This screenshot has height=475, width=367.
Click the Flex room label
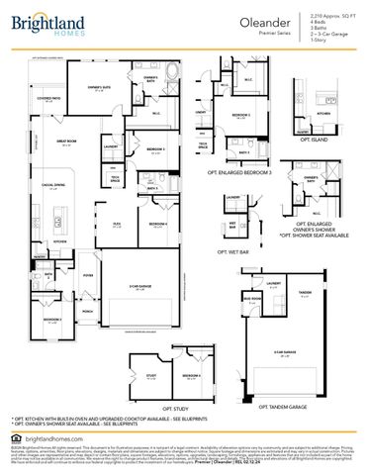point(118,224)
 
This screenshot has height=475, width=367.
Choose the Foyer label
point(88,275)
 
